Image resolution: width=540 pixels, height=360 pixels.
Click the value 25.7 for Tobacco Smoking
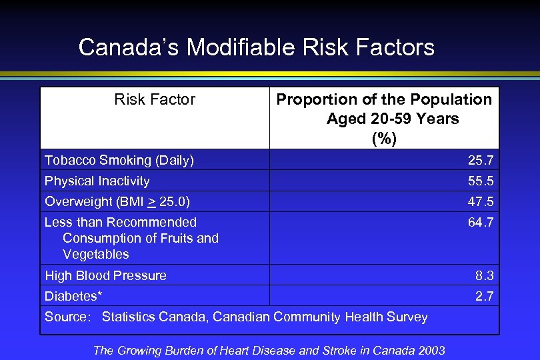click(x=480, y=160)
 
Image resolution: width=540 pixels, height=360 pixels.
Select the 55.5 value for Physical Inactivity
click(x=480, y=181)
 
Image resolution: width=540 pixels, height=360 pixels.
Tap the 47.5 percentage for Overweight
click(x=480, y=201)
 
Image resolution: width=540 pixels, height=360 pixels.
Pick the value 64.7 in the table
click(x=480, y=222)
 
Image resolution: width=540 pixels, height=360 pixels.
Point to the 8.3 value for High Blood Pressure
click(x=484, y=275)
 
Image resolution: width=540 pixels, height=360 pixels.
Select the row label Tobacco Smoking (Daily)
click(x=119, y=160)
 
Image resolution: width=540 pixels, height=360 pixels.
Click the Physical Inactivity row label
click(x=97, y=181)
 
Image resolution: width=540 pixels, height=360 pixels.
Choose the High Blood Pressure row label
click(x=105, y=275)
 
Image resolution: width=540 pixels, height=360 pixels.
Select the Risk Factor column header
click(x=155, y=100)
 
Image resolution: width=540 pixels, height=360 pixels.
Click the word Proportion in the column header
click(x=311, y=100)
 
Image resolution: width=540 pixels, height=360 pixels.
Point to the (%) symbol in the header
click(x=384, y=139)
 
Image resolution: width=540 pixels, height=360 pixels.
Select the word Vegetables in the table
click(x=96, y=254)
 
